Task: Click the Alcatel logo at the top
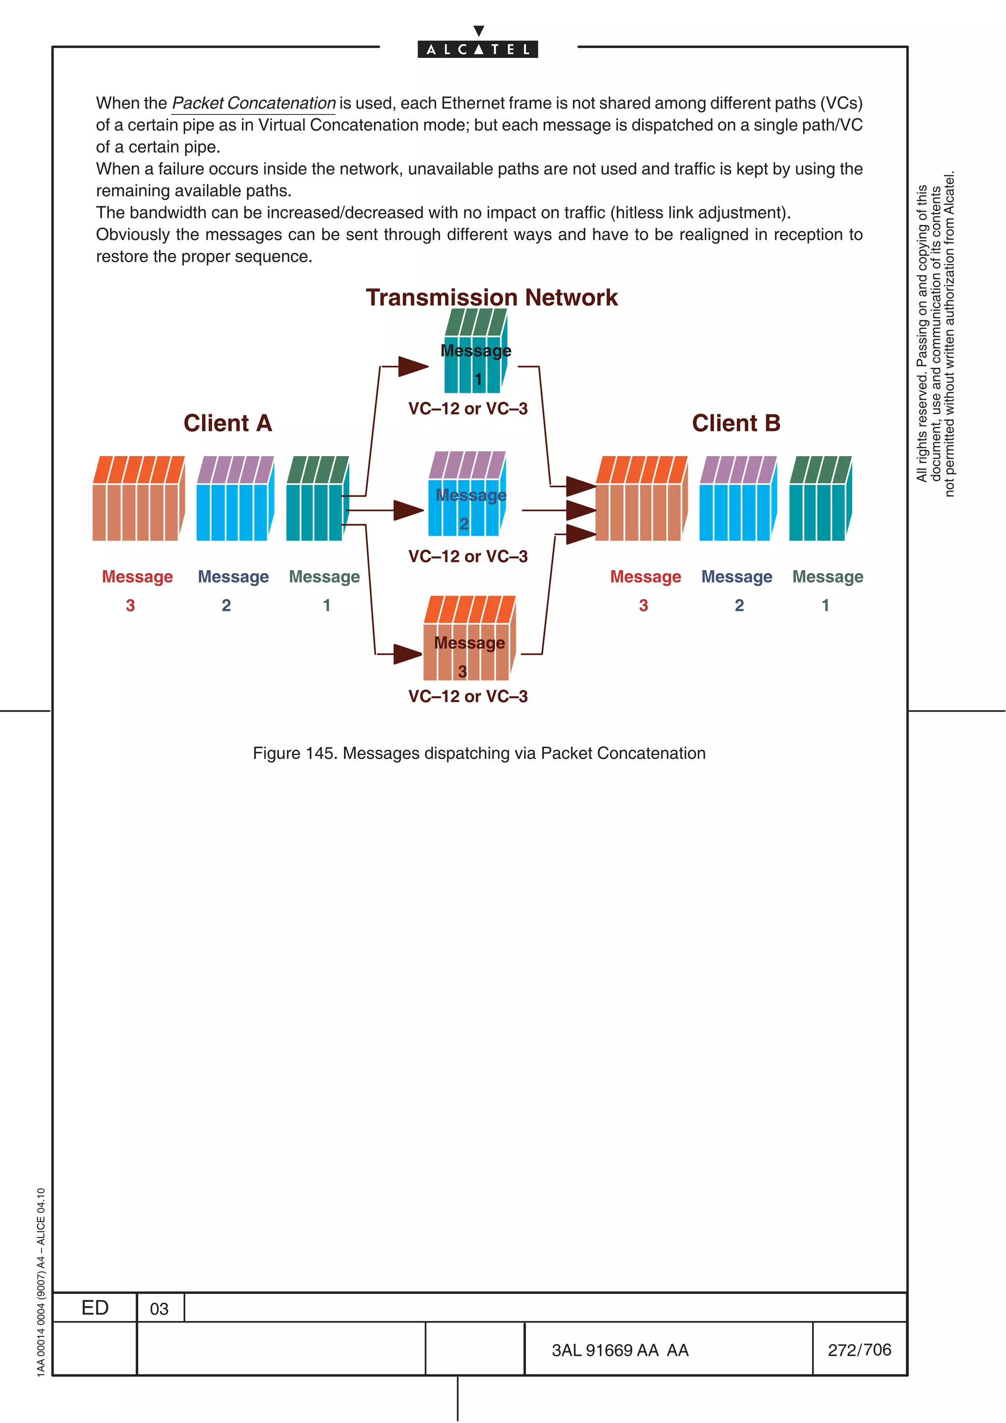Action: (x=478, y=48)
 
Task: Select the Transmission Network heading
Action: (x=492, y=298)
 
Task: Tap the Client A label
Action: (x=227, y=423)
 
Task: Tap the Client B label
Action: (x=736, y=423)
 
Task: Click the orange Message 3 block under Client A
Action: (x=138, y=499)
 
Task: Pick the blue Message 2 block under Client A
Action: (x=234, y=499)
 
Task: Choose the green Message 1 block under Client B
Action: (x=819, y=499)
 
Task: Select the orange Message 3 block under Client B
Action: (x=641, y=499)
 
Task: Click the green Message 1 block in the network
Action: (x=475, y=352)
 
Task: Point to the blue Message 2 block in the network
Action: (x=467, y=494)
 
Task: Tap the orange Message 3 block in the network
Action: (x=469, y=639)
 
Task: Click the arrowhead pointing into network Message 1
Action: (x=413, y=366)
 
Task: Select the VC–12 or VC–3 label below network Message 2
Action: (x=468, y=556)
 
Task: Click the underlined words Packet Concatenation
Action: (x=253, y=103)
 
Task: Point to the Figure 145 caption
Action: (x=478, y=753)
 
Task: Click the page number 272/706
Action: (x=859, y=1350)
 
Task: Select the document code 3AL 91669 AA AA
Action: (x=620, y=1350)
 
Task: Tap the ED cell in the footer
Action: (x=95, y=1308)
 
